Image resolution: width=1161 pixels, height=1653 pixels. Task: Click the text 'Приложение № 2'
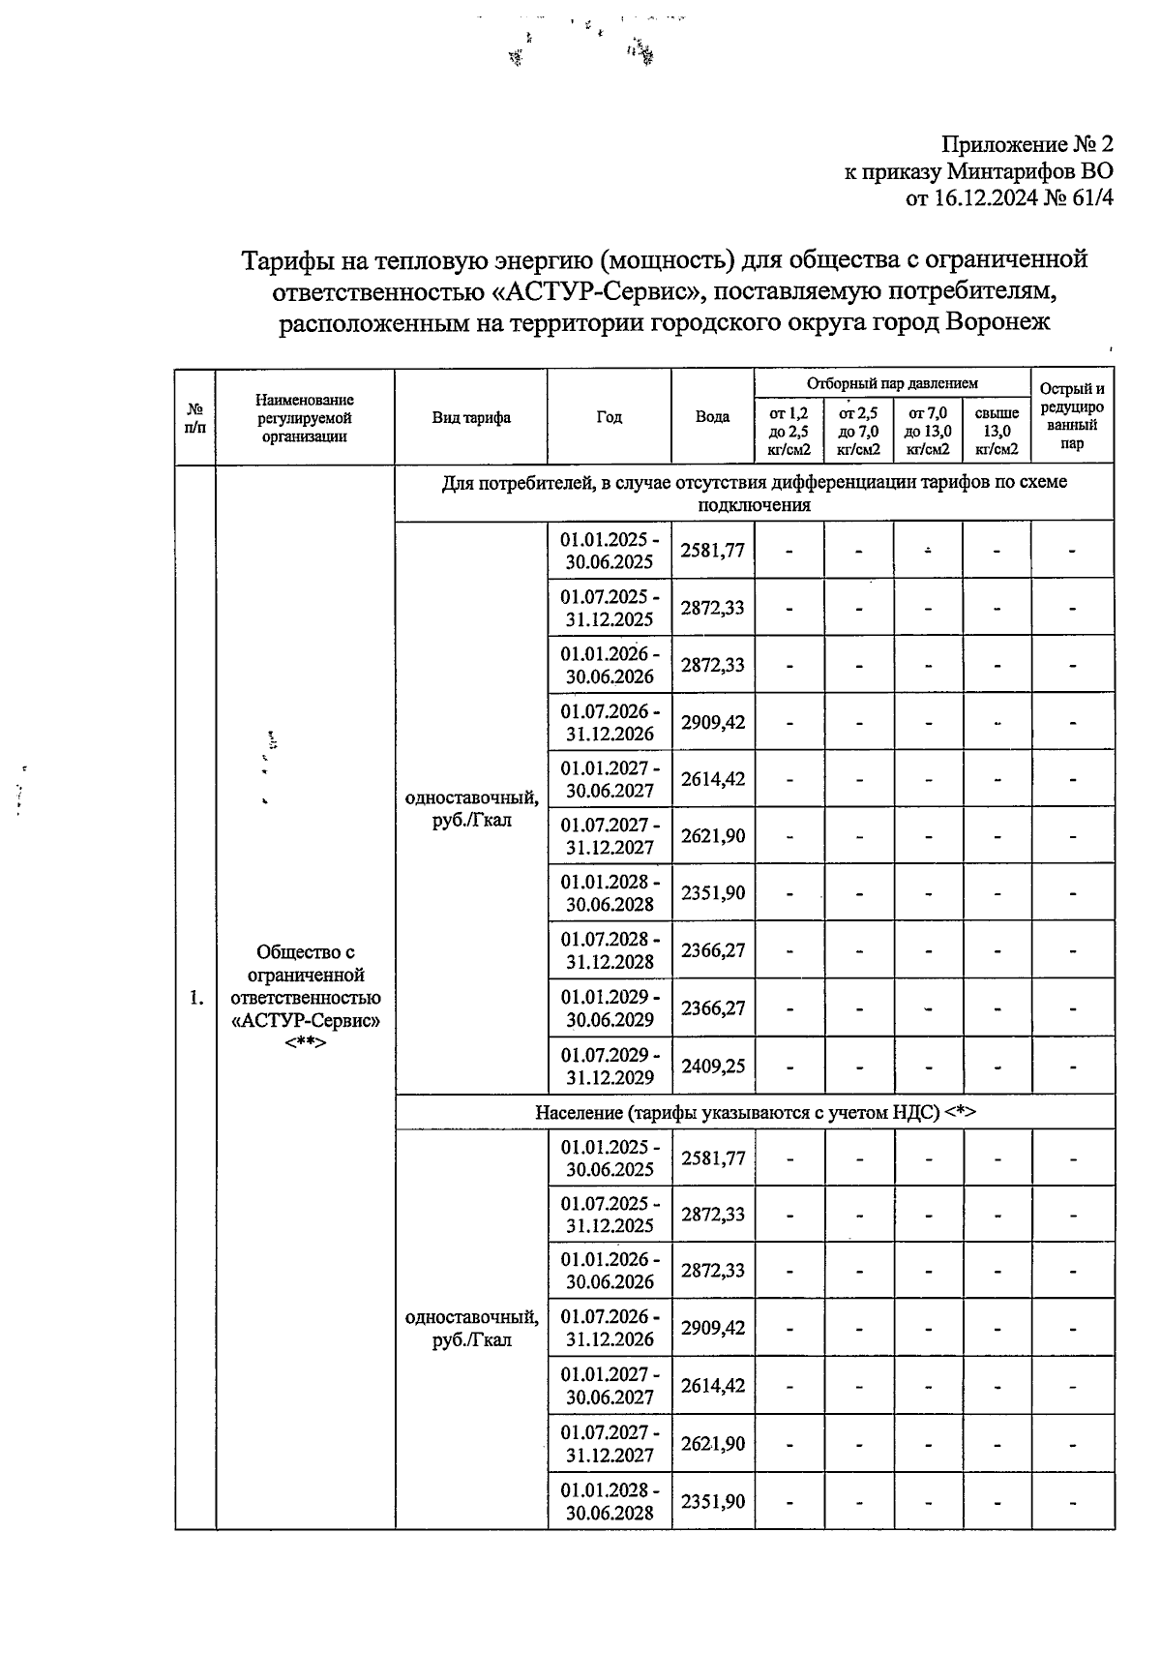click(1027, 144)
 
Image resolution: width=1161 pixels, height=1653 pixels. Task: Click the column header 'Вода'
click(712, 417)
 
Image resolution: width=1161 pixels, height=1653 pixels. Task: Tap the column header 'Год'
click(609, 417)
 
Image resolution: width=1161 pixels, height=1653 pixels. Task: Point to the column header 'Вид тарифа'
click(471, 417)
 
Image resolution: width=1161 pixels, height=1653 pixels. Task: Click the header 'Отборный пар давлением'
click(892, 383)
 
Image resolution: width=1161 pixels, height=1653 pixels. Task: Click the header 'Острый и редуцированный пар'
click(1071, 416)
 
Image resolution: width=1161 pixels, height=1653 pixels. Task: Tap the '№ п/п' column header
click(194, 417)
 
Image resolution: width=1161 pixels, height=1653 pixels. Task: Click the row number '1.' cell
click(196, 998)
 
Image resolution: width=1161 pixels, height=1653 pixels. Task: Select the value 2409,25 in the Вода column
click(713, 1066)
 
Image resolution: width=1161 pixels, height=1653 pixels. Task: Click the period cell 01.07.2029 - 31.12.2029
click(610, 1066)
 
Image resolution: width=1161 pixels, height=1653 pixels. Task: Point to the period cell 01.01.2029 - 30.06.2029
click(610, 1007)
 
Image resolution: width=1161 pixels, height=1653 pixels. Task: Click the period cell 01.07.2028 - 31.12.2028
click(610, 950)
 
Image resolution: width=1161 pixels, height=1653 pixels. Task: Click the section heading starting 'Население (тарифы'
click(755, 1112)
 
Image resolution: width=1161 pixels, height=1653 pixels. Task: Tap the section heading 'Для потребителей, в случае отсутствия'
click(755, 493)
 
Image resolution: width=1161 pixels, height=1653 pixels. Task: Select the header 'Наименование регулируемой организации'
click(305, 417)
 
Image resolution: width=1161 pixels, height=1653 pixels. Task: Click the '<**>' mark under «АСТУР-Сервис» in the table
click(305, 1043)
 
